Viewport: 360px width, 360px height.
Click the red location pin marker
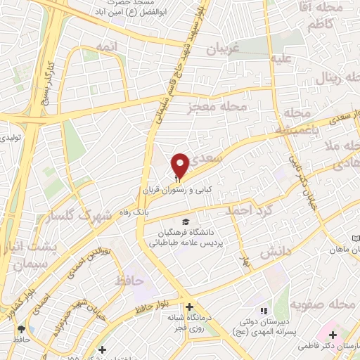pos(180,166)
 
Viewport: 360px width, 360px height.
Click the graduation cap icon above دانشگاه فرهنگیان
pos(186,222)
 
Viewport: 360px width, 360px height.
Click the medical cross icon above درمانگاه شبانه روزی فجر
pos(188,307)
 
